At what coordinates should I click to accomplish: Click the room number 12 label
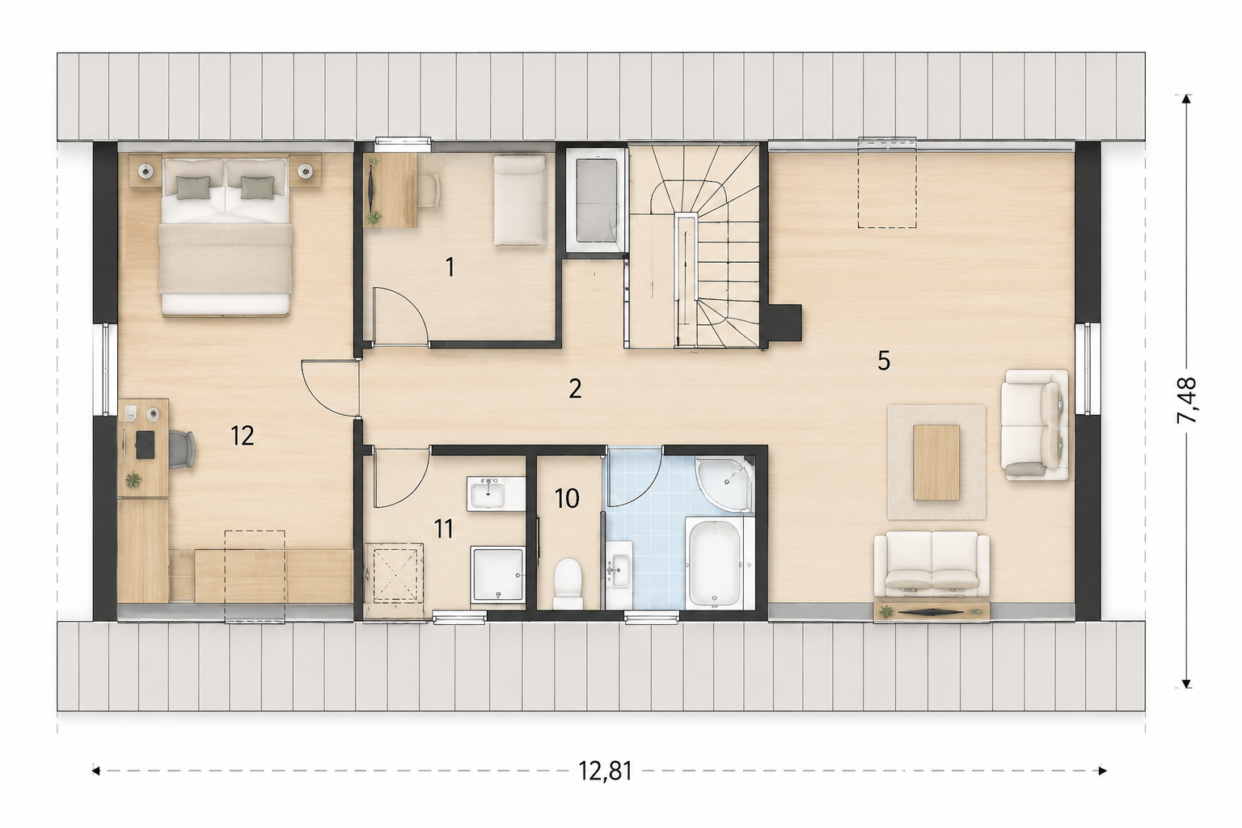(x=243, y=436)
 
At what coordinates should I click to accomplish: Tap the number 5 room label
(x=884, y=361)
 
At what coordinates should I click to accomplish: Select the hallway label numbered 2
(x=575, y=389)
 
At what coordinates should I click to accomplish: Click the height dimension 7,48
(x=1186, y=400)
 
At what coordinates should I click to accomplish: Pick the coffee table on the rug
(x=936, y=462)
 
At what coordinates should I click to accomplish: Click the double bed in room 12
(x=225, y=237)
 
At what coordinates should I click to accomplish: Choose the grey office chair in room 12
(x=182, y=450)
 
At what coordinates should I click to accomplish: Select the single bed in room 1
(x=520, y=200)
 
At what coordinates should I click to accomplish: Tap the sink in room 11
(x=487, y=493)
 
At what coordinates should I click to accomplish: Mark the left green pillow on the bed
(x=193, y=187)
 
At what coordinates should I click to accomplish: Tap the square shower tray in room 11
(x=497, y=575)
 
